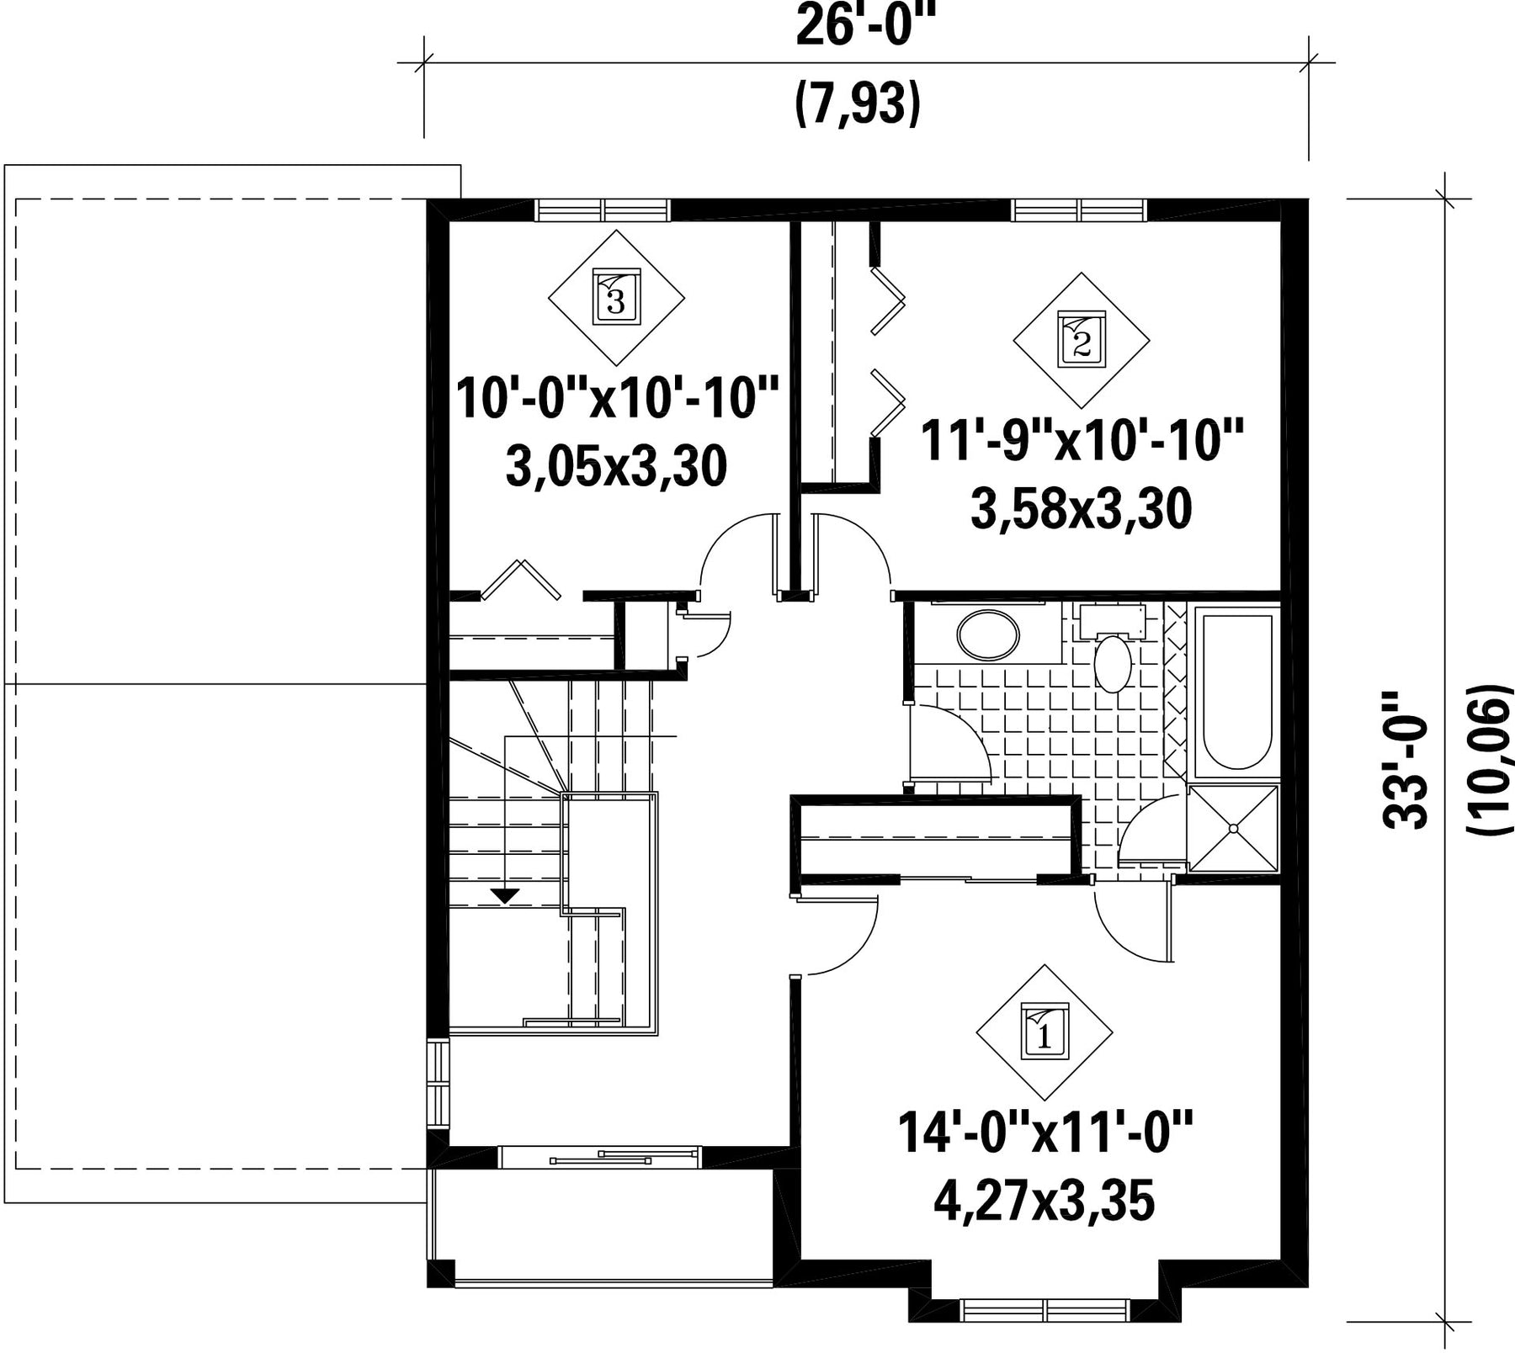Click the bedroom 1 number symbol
coord(1045,1032)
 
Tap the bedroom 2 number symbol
coord(1082,340)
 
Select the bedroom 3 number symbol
coord(616,298)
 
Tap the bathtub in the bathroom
coord(1236,692)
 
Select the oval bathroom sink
coord(988,635)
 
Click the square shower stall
coord(1233,829)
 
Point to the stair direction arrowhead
coord(504,896)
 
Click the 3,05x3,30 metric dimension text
coord(616,468)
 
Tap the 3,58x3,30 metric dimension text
coord(1082,509)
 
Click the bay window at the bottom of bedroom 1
coord(1044,1311)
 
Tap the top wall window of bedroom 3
coord(603,209)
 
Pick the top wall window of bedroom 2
coord(1080,209)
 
